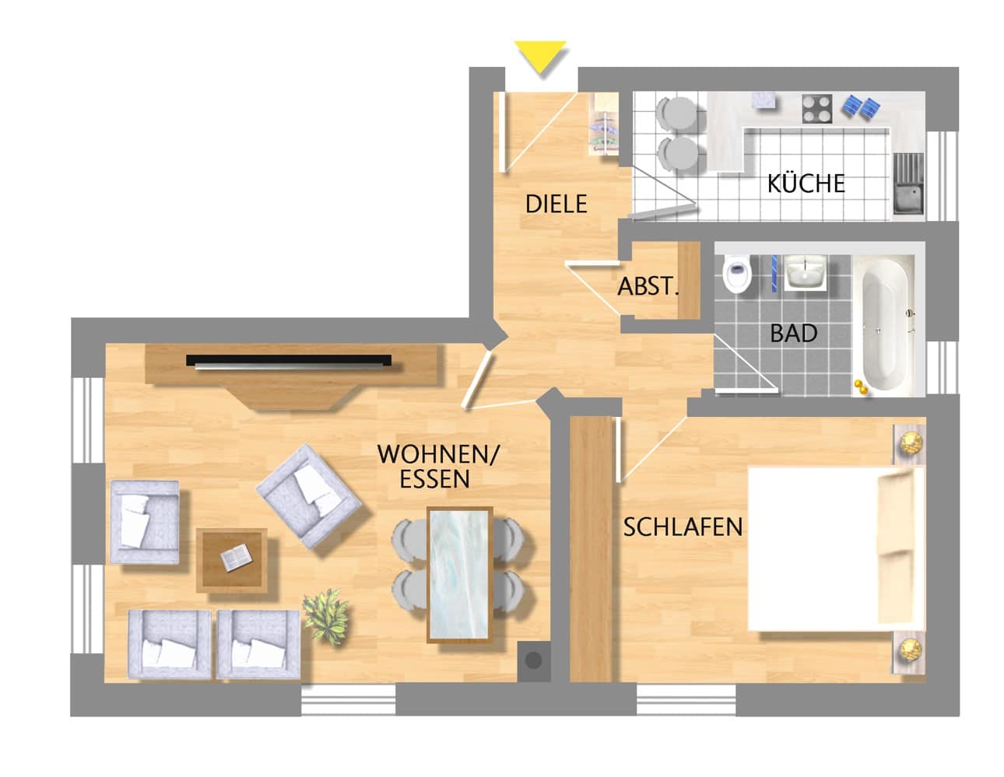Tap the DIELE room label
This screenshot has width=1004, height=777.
tap(556, 204)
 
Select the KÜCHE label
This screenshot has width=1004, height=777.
tap(806, 184)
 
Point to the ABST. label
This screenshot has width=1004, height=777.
tap(648, 287)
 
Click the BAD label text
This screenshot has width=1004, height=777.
tap(794, 334)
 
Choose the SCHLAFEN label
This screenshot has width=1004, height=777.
tap(683, 527)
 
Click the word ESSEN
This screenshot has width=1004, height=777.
tap(434, 479)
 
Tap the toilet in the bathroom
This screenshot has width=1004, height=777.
tap(737, 274)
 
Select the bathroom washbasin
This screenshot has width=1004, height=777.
tap(806, 273)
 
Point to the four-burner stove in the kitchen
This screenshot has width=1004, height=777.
tap(817, 109)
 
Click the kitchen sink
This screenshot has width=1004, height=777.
tap(908, 184)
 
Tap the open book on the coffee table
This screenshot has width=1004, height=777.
tap(236, 557)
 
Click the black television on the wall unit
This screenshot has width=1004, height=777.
tap(289, 361)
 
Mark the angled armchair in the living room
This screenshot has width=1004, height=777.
tap(308, 496)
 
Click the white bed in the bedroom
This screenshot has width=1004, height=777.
tap(835, 549)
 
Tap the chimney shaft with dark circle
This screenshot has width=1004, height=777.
tap(534, 660)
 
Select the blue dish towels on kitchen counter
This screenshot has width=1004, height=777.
tap(860, 107)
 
